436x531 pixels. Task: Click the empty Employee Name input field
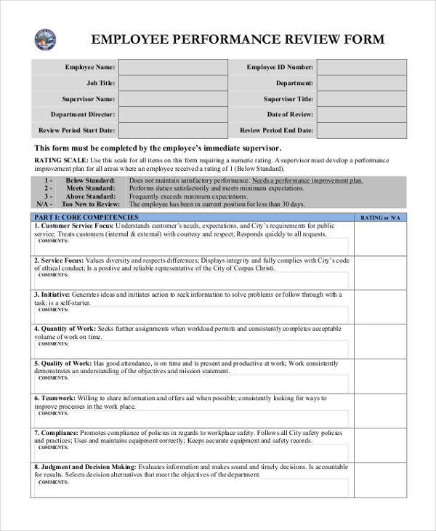coord(172,68)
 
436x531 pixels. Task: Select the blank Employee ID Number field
coord(362,68)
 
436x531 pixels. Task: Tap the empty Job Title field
coord(172,84)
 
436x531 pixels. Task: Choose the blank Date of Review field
coord(362,115)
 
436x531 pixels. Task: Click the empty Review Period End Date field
coord(362,131)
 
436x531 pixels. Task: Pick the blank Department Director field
coord(172,115)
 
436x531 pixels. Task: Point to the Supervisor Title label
coord(288,99)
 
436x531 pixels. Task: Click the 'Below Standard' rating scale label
coord(90,180)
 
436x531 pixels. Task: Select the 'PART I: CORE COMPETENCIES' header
coord(86,217)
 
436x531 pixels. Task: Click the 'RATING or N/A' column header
coord(380,217)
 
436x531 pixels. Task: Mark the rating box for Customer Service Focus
coord(380,238)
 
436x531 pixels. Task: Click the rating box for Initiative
coord(380,306)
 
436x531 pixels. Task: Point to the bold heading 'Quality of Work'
coord(66,363)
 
